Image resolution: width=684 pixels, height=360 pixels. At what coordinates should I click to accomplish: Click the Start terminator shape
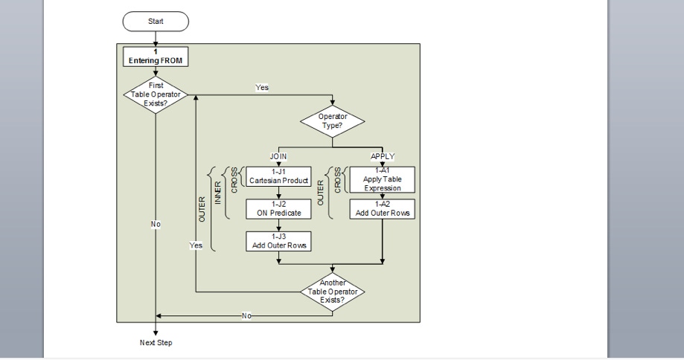[156, 22]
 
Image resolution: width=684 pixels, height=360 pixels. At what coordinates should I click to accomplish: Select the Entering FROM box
[156, 57]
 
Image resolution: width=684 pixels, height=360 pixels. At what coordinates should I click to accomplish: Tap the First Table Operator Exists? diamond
[156, 95]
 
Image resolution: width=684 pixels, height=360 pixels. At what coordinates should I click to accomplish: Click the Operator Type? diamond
[333, 121]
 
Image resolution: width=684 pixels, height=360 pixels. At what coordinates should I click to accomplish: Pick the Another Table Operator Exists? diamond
[333, 292]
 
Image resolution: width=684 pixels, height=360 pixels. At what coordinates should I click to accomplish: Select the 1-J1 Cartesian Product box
[278, 176]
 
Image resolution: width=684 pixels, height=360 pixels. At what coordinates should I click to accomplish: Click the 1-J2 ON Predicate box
[278, 210]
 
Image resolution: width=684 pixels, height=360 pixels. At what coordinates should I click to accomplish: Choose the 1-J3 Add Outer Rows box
[278, 241]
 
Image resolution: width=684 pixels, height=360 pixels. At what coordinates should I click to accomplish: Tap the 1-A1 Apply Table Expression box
[383, 179]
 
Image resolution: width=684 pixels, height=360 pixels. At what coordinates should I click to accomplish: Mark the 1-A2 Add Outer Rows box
[383, 209]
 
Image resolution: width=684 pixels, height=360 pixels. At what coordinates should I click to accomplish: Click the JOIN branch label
[278, 157]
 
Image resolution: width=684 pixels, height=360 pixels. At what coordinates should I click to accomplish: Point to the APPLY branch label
[383, 157]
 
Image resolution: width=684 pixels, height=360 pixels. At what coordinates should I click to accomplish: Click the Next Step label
[156, 343]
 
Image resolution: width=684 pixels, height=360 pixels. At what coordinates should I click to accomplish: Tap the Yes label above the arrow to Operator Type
[262, 87]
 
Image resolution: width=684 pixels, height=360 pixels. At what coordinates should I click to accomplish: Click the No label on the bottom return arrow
[246, 315]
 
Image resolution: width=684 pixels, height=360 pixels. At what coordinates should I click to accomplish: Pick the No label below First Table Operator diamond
[156, 224]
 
